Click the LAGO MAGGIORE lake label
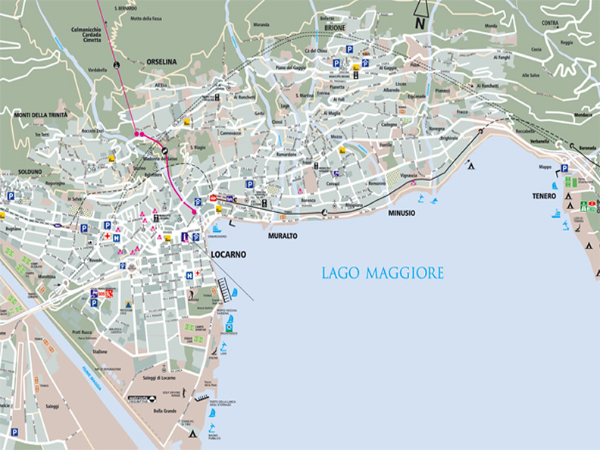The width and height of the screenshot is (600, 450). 383,273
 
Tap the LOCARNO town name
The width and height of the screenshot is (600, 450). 229,255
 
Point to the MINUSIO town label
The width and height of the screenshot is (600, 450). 402,213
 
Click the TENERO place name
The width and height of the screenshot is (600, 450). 544,196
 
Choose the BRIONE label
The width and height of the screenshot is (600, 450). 334,28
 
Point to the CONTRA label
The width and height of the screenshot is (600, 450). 550,23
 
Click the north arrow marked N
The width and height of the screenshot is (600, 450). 420,23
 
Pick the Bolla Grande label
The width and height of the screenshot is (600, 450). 164,410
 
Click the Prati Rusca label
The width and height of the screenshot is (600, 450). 87,333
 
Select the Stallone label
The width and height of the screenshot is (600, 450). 99,352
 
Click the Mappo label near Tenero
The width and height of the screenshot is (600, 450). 545,167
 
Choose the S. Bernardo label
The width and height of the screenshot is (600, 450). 125,8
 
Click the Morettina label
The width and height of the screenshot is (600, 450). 47,277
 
